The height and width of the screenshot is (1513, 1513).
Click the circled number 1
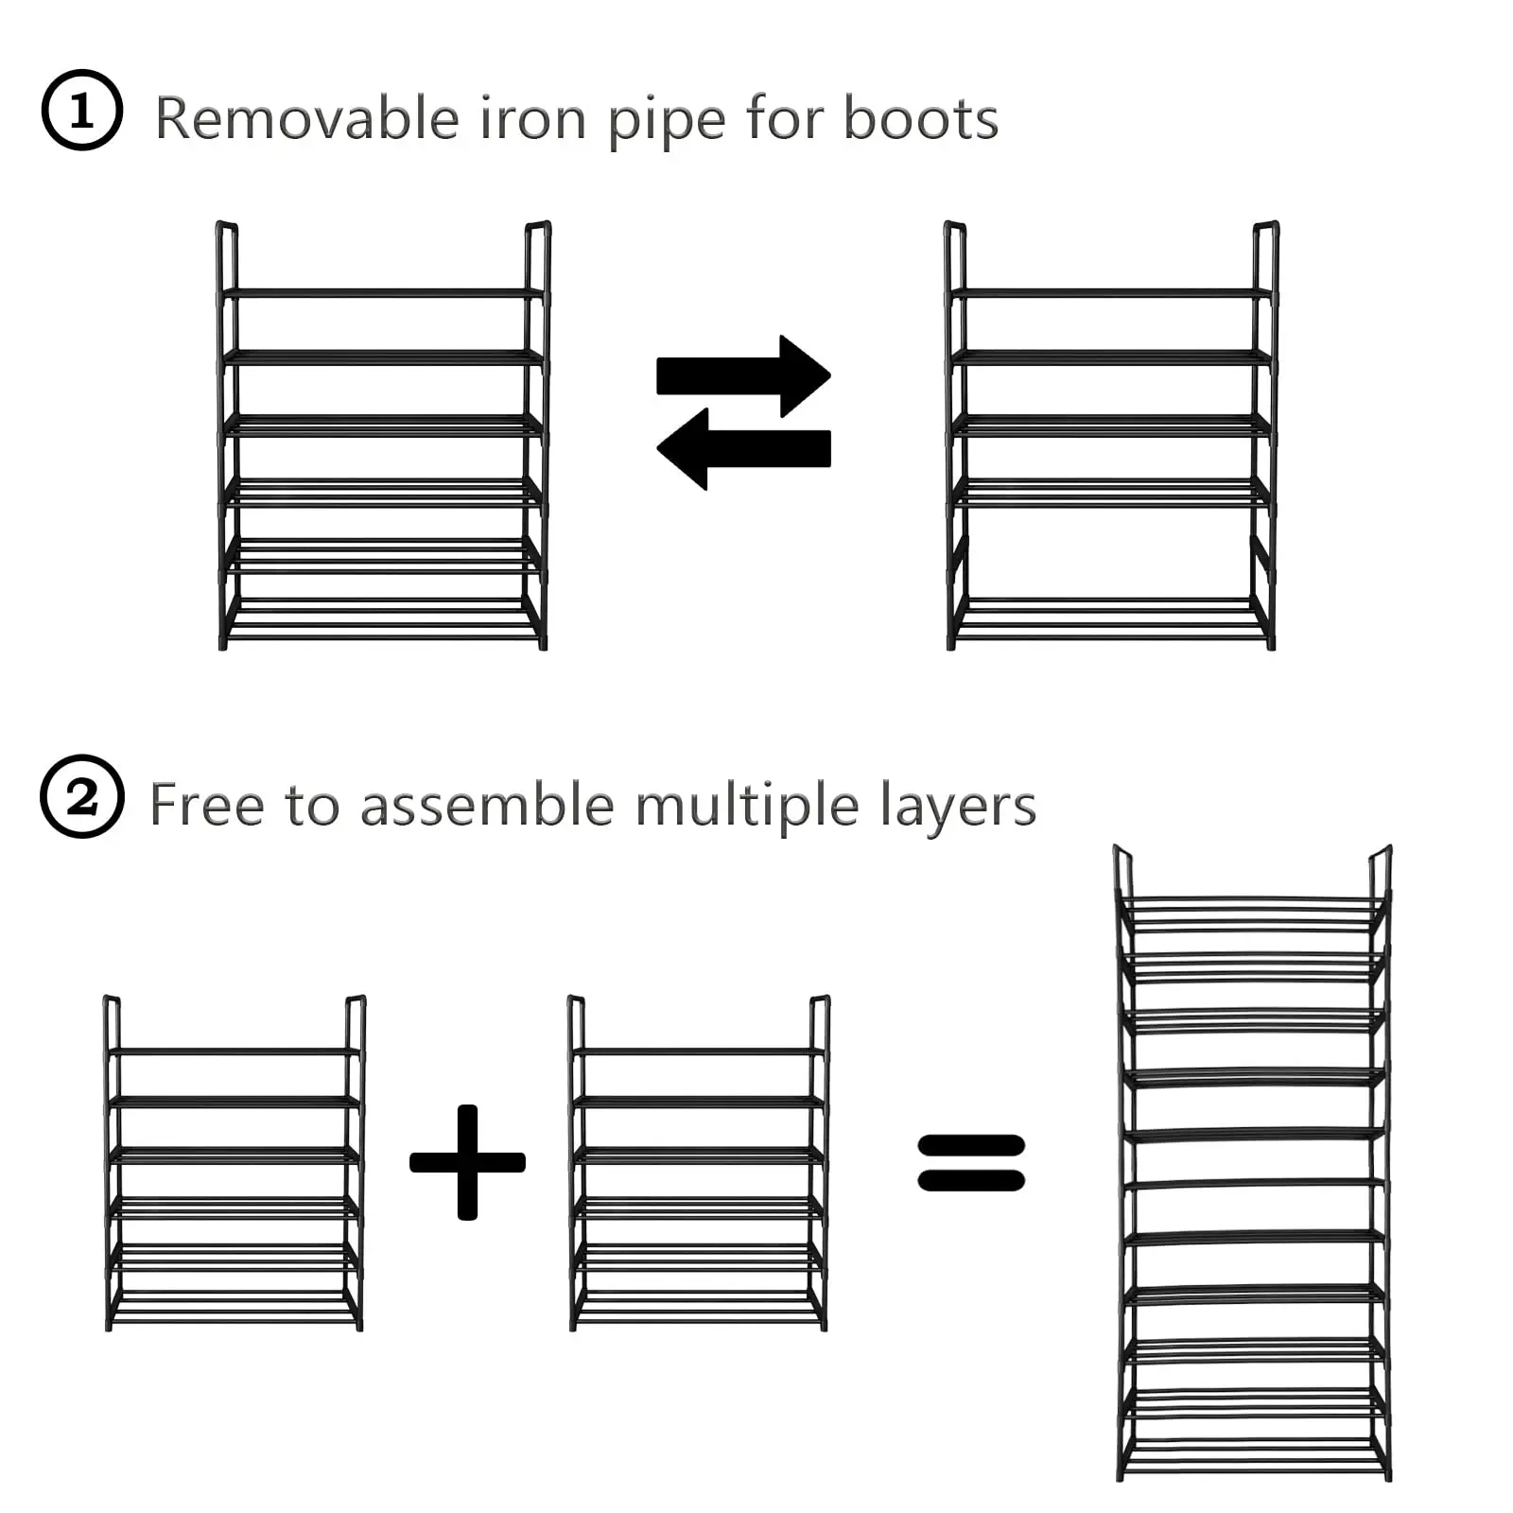[82, 111]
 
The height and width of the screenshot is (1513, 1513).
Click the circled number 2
[82, 796]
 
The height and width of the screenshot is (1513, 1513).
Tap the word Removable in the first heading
[307, 119]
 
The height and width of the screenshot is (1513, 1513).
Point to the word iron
[533, 119]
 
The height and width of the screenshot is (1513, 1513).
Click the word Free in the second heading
[206, 805]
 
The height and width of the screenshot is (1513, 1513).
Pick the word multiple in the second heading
[747, 807]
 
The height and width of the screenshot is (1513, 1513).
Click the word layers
[957, 807]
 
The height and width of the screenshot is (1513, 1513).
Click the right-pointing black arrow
[743, 375]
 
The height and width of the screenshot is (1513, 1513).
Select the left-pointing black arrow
[743, 448]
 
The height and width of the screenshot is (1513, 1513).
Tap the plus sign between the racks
[467, 1162]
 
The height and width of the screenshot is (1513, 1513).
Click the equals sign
[971, 1162]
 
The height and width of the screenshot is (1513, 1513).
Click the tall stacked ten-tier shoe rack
[1253, 1163]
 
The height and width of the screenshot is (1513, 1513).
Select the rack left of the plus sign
[235, 1163]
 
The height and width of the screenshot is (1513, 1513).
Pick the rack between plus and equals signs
[699, 1163]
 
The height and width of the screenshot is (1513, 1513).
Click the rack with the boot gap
[1111, 435]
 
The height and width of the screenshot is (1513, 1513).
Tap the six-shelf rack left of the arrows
[383, 435]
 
